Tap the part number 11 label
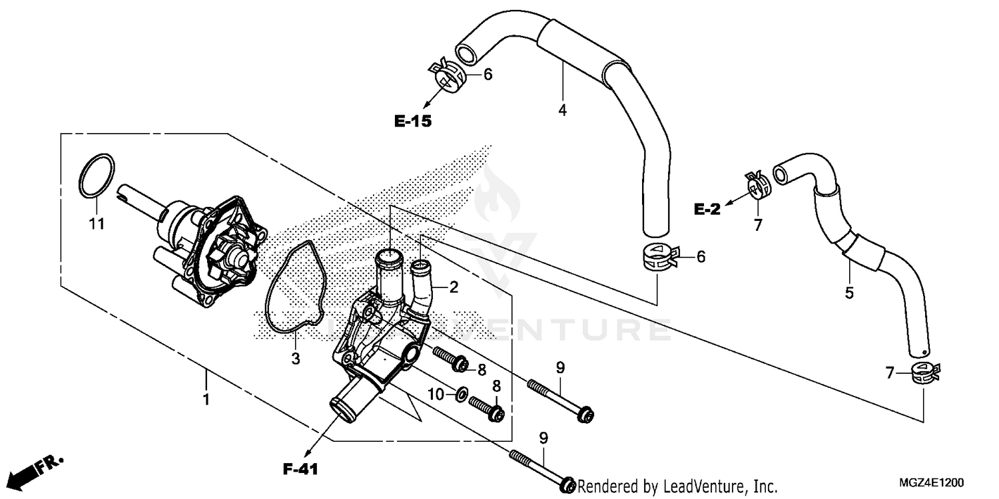coord(97,224)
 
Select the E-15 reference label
coord(413,121)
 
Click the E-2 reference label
coord(707,210)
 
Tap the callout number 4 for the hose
coord(563,110)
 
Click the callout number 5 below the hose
coord(849,293)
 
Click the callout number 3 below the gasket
coord(295,359)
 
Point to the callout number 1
coord(206,400)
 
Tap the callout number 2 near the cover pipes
coord(454,287)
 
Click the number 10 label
coord(436,395)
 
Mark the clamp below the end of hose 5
coord(924,375)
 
